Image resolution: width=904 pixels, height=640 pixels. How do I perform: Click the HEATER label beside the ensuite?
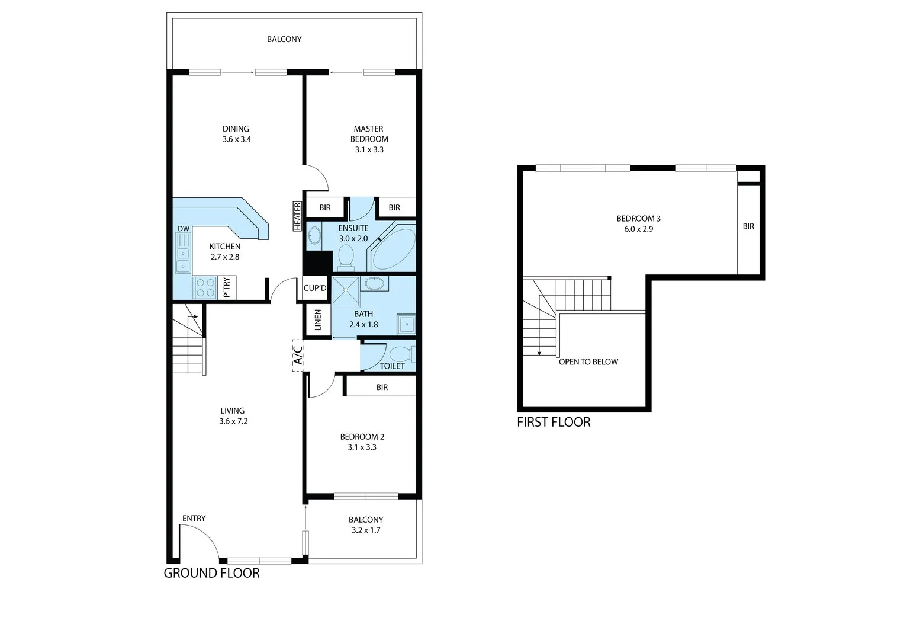297,216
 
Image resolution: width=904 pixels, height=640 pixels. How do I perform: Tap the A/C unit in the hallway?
298,356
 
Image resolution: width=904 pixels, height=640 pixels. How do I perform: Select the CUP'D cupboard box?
315,289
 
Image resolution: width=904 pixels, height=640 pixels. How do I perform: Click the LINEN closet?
317,321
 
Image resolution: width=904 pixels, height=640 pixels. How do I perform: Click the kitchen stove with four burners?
205,288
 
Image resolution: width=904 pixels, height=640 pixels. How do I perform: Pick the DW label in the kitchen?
184,229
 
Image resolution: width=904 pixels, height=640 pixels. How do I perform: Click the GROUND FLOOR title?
211,573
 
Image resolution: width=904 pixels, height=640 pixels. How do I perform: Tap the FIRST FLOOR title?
554,422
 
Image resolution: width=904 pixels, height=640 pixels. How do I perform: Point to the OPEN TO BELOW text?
588,361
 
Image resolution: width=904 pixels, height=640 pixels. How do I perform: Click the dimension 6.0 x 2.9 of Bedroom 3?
638,229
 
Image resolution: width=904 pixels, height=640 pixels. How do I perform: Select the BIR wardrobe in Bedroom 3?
748,226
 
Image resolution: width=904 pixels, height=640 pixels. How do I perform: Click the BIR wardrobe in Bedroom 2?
382,387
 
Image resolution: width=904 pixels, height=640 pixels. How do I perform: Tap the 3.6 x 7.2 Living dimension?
232,421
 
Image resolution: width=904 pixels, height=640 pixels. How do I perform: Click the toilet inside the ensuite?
346,257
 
